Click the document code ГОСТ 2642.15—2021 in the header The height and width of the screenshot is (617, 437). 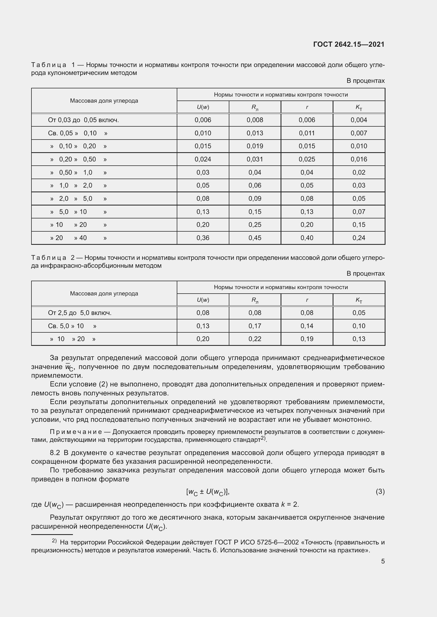(349, 44)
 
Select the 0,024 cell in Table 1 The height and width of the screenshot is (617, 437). (203, 159)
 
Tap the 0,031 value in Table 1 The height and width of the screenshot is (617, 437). (254, 159)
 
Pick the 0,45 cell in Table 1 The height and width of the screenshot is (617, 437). (254, 238)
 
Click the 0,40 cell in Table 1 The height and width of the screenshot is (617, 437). (307, 238)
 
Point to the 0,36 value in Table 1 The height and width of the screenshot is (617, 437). (203, 238)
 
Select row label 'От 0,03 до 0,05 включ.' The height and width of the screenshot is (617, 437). (83, 120)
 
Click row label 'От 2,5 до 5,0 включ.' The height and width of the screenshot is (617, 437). (80, 313)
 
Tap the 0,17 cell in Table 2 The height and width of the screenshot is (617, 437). (254, 326)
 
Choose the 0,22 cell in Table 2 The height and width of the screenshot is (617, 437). (254, 339)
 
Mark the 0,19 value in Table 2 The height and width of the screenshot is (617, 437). (307, 339)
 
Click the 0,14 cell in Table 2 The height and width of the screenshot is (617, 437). (307, 326)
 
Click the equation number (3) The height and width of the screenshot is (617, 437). (380, 491)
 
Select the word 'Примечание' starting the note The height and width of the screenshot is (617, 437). (76, 432)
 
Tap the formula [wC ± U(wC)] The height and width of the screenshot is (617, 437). (207, 492)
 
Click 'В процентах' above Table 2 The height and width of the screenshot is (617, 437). (365, 274)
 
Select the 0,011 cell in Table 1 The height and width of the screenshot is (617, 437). (307, 133)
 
